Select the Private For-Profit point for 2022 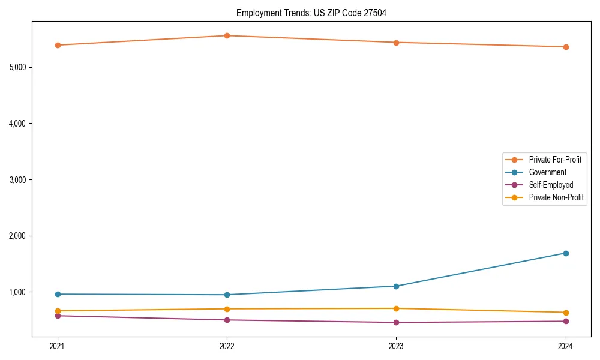(x=227, y=35)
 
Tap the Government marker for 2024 (x=565, y=253)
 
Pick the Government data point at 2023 (x=396, y=286)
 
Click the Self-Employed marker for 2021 (x=58, y=316)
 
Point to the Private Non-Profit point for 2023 (x=396, y=308)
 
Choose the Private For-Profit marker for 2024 (x=565, y=47)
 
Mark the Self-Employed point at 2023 (x=396, y=322)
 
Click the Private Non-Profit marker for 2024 (x=565, y=313)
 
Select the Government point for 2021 (x=58, y=294)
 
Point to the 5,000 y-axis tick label (x=17, y=67)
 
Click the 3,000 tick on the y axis (x=17, y=180)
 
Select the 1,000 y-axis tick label (x=17, y=292)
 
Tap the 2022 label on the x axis (x=227, y=346)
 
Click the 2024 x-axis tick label (x=565, y=346)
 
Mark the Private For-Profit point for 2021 (x=58, y=45)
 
